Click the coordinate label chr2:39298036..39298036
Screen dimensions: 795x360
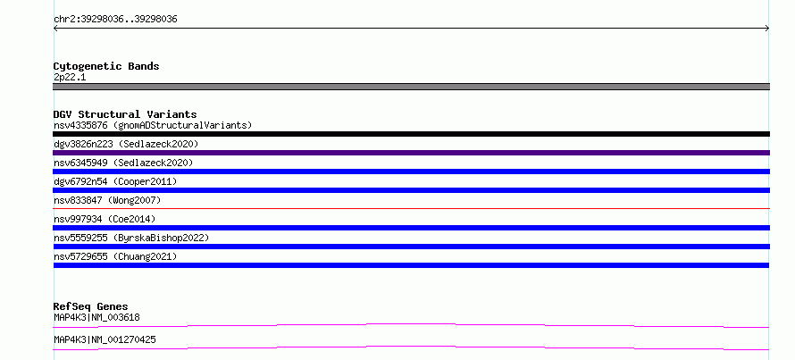tap(115, 20)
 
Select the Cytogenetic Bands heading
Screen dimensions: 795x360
tap(106, 66)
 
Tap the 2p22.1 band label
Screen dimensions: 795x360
tap(70, 77)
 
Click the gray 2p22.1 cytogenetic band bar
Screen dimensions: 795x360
tap(411, 87)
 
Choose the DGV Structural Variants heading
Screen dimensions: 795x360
tap(125, 114)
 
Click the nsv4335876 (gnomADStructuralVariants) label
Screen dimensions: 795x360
tap(153, 125)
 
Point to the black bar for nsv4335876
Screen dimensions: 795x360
tap(411, 134)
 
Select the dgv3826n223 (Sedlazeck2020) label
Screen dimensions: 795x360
tap(126, 144)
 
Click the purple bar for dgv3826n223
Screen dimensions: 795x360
tap(411, 153)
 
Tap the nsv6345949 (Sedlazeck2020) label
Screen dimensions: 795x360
tap(123, 163)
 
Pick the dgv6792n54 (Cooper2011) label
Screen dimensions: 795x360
tap(115, 181)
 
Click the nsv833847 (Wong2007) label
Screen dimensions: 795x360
tap(107, 200)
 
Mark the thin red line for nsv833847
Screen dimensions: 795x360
tap(411, 208)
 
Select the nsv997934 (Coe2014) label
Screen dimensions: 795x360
tap(105, 219)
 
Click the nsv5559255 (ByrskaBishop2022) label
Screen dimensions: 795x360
tap(131, 238)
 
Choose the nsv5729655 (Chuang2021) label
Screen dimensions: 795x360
tap(115, 256)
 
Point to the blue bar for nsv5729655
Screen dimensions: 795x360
tap(411, 265)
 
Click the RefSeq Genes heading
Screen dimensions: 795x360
tap(91, 306)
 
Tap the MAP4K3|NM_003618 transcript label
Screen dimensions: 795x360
tap(96, 317)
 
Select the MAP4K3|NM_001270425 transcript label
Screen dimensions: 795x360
tap(105, 339)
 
